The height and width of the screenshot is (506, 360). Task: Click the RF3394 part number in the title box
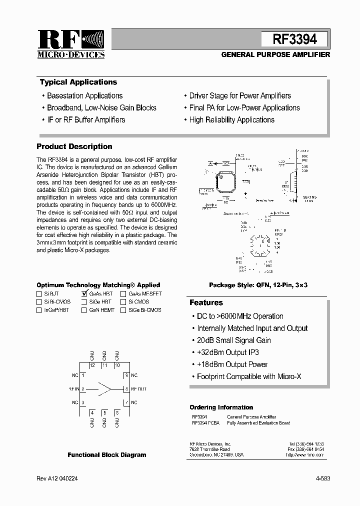coord(294,39)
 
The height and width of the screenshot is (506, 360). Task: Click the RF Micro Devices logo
coord(70,44)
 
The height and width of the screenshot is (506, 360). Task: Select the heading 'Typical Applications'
coord(78,82)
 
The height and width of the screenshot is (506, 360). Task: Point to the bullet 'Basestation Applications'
coord(84,96)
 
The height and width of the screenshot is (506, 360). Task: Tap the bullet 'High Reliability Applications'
coord(231,120)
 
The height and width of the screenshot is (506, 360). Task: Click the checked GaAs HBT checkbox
coord(84,294)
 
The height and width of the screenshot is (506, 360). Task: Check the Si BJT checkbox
coord(39,294)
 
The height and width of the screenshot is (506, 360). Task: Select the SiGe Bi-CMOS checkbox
coord(123,310)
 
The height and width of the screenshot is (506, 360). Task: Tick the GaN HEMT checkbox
coord(84,310)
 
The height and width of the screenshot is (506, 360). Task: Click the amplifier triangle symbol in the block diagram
coord(104,388)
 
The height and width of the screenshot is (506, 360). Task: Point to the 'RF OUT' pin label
coord(138,388)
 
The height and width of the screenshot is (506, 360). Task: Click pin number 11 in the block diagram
coord(104,365)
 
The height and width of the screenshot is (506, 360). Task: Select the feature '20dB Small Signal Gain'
coord(233,340)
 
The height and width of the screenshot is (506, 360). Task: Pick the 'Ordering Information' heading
coord(221,407)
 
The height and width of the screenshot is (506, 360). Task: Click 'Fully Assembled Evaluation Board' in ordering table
coord(258,423)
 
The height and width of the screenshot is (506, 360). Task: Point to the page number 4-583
coord(322,478)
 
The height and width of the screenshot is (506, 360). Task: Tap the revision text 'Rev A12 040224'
coord(57,478)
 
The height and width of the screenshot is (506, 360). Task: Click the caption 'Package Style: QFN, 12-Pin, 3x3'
coord(258,285)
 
